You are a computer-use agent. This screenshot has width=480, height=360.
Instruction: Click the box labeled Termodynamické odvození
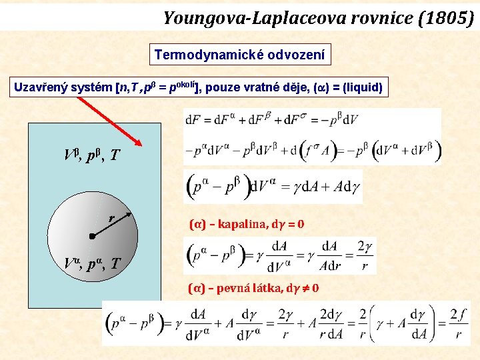tap(239, 55)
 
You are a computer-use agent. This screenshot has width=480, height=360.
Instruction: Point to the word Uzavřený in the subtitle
tap(41, 87)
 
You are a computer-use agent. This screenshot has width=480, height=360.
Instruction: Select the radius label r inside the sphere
tap(111, 217)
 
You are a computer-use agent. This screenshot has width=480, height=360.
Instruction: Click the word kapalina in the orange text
tap(237, 225)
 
